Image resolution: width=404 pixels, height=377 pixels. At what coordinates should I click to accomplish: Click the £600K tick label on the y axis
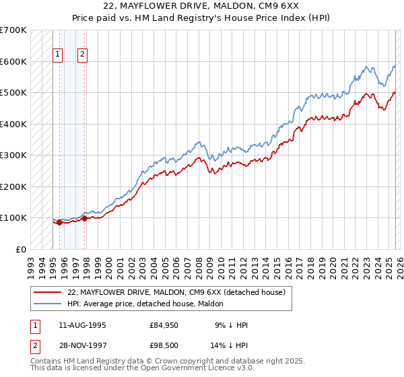pyautogui.click(x=13, y=61)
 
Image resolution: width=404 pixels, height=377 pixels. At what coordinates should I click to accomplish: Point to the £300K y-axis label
pyautogui.click(x=13, y=155)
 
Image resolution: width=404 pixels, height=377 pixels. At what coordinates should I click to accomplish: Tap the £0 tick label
pyautogui.click(x=21, y=249)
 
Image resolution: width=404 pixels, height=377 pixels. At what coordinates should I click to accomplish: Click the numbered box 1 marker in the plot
pyautogui.click(x=57, y=55)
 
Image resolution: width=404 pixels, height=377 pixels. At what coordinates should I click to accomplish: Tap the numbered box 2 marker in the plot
pyautogui.click(x=82, y=55)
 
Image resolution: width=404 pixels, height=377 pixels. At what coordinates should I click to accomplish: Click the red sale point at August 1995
pyautogui.click(x=59, y=223)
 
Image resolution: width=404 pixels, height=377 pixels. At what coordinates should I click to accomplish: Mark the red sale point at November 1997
pyautogui.click(x=85, y=218)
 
